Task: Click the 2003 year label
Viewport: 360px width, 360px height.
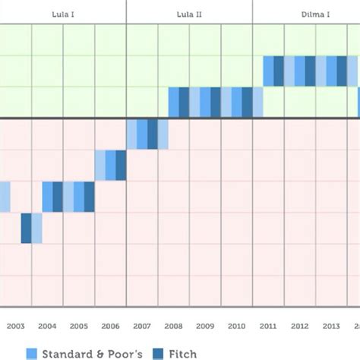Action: pyautogui.click(x=15, y=327)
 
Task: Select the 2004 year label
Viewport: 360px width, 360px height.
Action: pyautogui.click(x=47, y=327)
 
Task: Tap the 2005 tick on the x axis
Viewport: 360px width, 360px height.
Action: pyautogui.click(x=78, y=327)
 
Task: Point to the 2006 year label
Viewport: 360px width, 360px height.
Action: pyautogui.click(x=110, y=327)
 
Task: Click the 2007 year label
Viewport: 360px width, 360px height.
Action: pyautogui.click(x=142, y=327)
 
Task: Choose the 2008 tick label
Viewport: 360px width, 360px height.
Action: pyautogui.click(x=173, y=327)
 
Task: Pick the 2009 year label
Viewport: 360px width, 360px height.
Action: pyautogui.click(x=205, y=327)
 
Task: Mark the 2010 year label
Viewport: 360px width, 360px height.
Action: pyautogui.click(x=236, y=327)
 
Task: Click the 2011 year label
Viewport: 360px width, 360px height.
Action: pyautogui.click(x=268, y=327)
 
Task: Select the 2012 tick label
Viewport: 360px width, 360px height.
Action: pyautogui.click(x=299, y=327)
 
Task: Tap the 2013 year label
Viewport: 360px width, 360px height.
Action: pyautogui.click(x=331, y=327)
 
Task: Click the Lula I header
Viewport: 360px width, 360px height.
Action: pyautogui.click(x=63, y=14)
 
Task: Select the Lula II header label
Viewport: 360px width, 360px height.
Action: pyautogui.click(x=189, y=14)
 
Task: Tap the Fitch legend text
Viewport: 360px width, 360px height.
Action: pyautogui.click(x=182, y=353)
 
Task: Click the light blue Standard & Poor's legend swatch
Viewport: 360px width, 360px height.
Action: pyautogui.click(x=31, y=353)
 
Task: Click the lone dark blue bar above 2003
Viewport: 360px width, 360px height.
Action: pyautogui.click(x=27, y=228)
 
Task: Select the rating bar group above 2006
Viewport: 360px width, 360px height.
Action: pyautogui.click(x=110, y=165)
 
